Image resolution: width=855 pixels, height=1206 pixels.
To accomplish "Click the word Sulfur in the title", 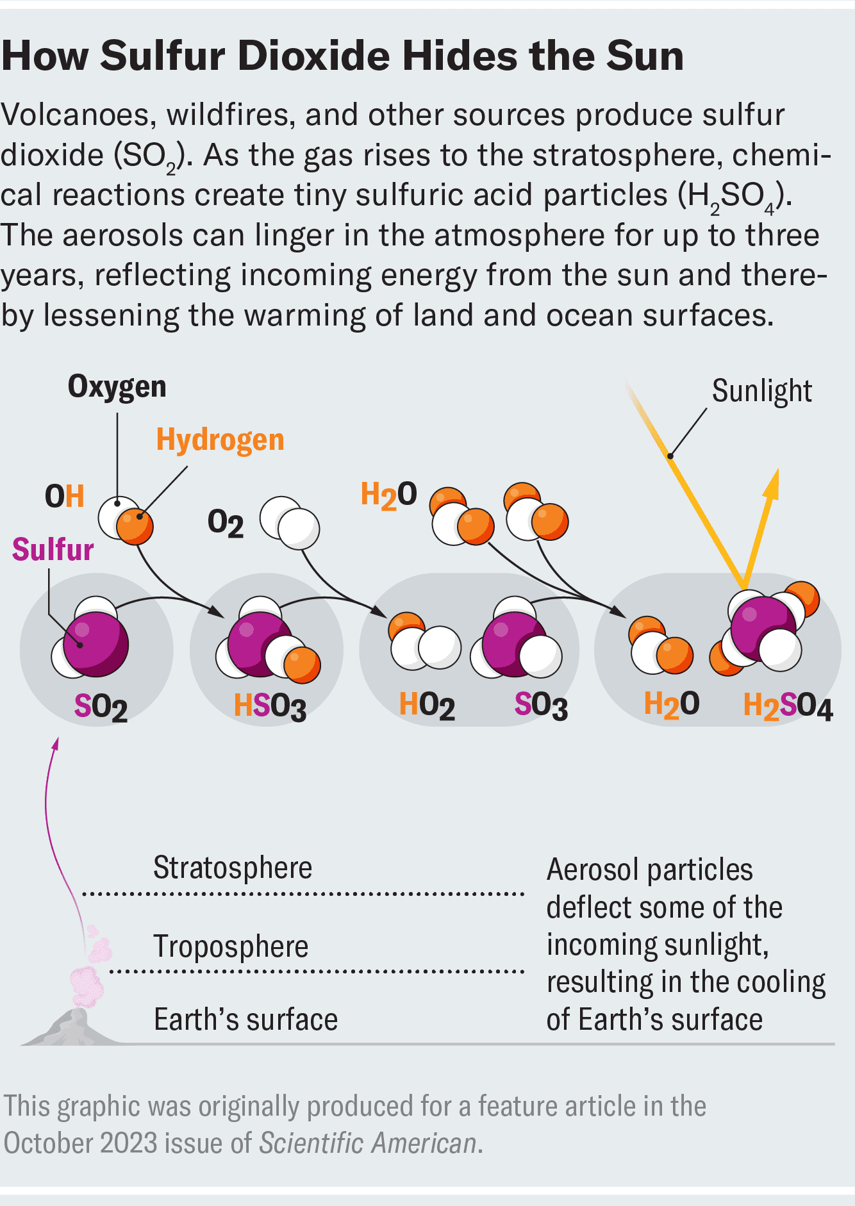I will click(x=162, y=56).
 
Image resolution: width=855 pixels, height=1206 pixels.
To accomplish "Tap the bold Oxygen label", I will click(x=117, y=386).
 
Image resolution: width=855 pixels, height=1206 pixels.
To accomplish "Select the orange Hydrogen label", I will click(x=220, y=440).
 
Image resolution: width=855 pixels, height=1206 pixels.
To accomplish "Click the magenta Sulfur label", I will click(x=53, y=550).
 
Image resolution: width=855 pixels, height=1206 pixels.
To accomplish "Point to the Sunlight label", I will click(x=761, y=391).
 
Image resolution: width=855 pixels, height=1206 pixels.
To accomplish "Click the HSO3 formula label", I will click(x=270, y=706).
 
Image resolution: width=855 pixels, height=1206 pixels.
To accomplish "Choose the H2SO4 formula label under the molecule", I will click(x=788, y=707).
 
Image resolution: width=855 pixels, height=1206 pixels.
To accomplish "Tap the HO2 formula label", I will click(x=427, y=705).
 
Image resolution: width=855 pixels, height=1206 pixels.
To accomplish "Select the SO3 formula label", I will click(x=541, y=706).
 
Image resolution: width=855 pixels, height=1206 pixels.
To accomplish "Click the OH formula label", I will click(x=64, y=497).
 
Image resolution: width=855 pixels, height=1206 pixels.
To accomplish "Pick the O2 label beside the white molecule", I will click(x=226, y=523).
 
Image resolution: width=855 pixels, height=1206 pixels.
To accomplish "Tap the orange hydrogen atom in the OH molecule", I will click(x=135, y=525).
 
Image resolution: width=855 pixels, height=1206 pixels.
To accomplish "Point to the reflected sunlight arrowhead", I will click(x=773, y=482).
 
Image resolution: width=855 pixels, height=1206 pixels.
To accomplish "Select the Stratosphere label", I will click(x=233, y=868).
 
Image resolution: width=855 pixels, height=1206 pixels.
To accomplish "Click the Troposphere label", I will click(x=231, y=947).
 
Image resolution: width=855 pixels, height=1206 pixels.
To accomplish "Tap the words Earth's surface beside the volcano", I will click(x=245, y=1020).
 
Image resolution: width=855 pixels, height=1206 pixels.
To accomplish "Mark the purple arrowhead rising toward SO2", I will click(x=56, y=743).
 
